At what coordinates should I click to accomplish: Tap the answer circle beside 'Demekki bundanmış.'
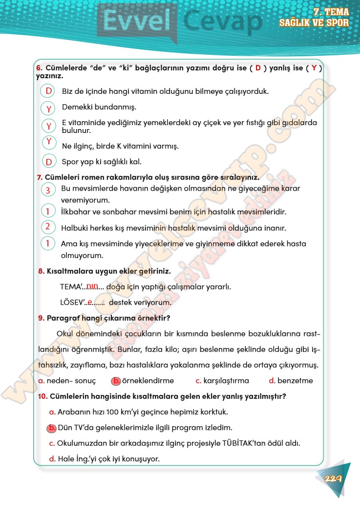click(49, 108)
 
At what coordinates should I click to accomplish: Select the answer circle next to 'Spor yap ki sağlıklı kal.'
click(49, 162)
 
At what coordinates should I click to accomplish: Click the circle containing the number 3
click(48, 190)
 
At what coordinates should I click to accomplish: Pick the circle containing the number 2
click(48, 226)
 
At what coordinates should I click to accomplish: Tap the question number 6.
click(39, 68)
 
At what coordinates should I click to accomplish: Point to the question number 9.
click(41, 318)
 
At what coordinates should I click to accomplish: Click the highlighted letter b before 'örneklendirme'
click(116, 381)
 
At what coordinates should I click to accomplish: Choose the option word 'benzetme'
click(295, 381)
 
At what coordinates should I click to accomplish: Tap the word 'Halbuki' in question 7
click(74, 228)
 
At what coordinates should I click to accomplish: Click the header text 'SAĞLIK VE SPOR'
click(314, 23)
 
